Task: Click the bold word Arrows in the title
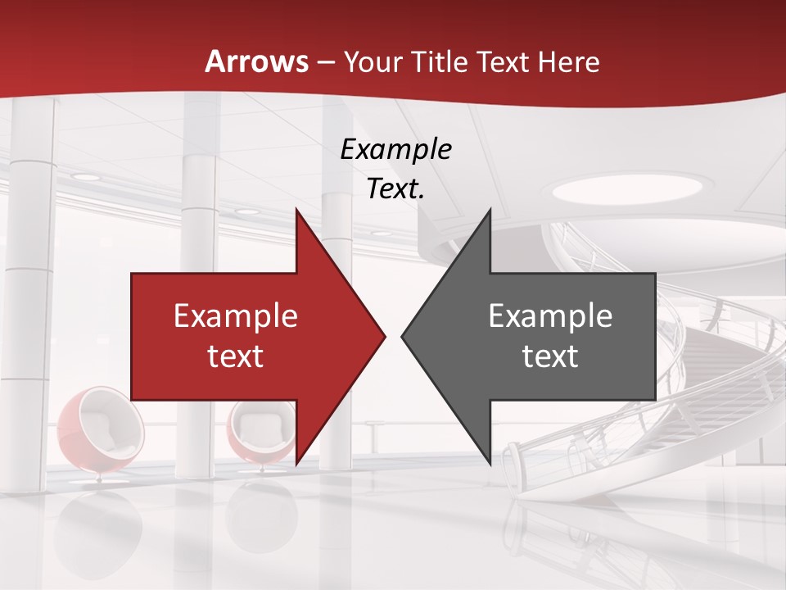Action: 256,61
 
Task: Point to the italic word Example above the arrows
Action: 396,150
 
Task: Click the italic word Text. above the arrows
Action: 396,189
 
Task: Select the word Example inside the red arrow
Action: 236,316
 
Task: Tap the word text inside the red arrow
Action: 236,356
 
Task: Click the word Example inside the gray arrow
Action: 550,316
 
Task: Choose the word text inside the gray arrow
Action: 550,356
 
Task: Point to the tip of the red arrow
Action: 384,336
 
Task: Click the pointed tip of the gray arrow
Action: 402,336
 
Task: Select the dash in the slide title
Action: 325,62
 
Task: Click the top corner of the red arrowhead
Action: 296,211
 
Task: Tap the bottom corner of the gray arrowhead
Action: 490,464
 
